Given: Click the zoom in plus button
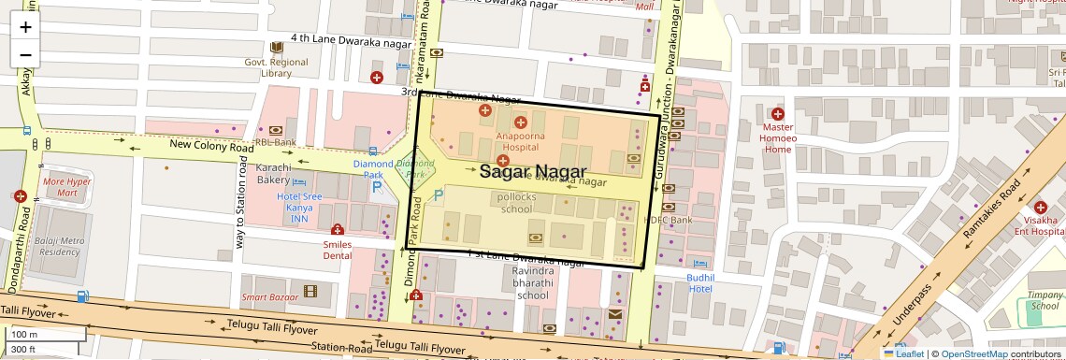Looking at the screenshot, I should pos(25,27).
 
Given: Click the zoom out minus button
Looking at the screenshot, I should pos(25,54).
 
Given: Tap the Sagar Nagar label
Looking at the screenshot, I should pos(532,172).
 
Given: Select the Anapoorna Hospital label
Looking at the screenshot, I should pos(521,140).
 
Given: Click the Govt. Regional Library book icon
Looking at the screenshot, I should pos(276,48).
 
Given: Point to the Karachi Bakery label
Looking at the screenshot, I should pos(273,173).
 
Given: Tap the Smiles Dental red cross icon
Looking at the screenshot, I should pos(338,230).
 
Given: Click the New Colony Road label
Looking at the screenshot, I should pos(211,146).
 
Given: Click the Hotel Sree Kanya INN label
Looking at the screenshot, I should pos(299,208).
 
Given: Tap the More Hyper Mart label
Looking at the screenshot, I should pos(66,187).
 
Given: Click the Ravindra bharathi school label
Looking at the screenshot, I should pos(532,282).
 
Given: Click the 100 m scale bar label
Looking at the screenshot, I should pos(24,334).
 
